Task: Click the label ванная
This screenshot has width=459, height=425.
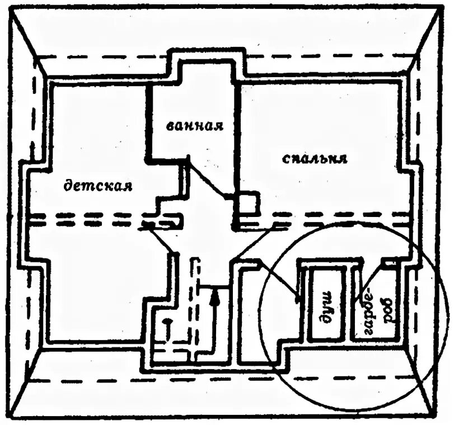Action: pyautogui.click(x=195, y=125)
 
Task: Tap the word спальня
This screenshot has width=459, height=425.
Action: pyautogui.click(x=315, y=158)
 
